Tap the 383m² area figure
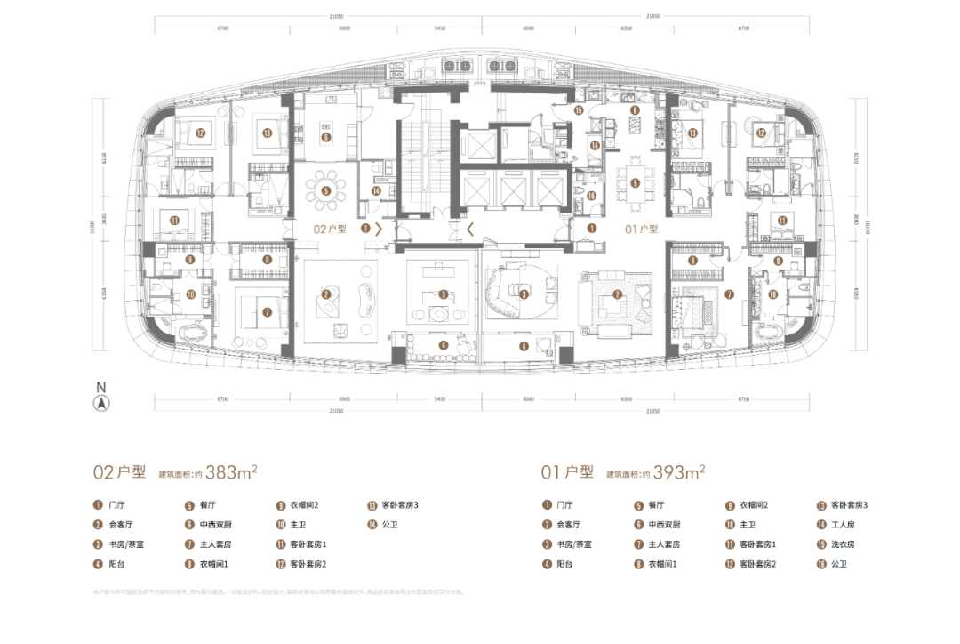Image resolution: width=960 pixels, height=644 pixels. (x=228, y=472)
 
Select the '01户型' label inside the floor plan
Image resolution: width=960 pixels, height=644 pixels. (x=640, y=229)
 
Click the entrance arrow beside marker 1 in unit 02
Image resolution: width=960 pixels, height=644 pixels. (x=380, y=229)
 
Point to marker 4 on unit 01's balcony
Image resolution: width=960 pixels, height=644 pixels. (x=524, y=346)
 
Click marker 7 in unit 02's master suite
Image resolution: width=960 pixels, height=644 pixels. (x=266, y=311)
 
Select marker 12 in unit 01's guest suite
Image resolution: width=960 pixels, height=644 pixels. (x=761, y=133)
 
